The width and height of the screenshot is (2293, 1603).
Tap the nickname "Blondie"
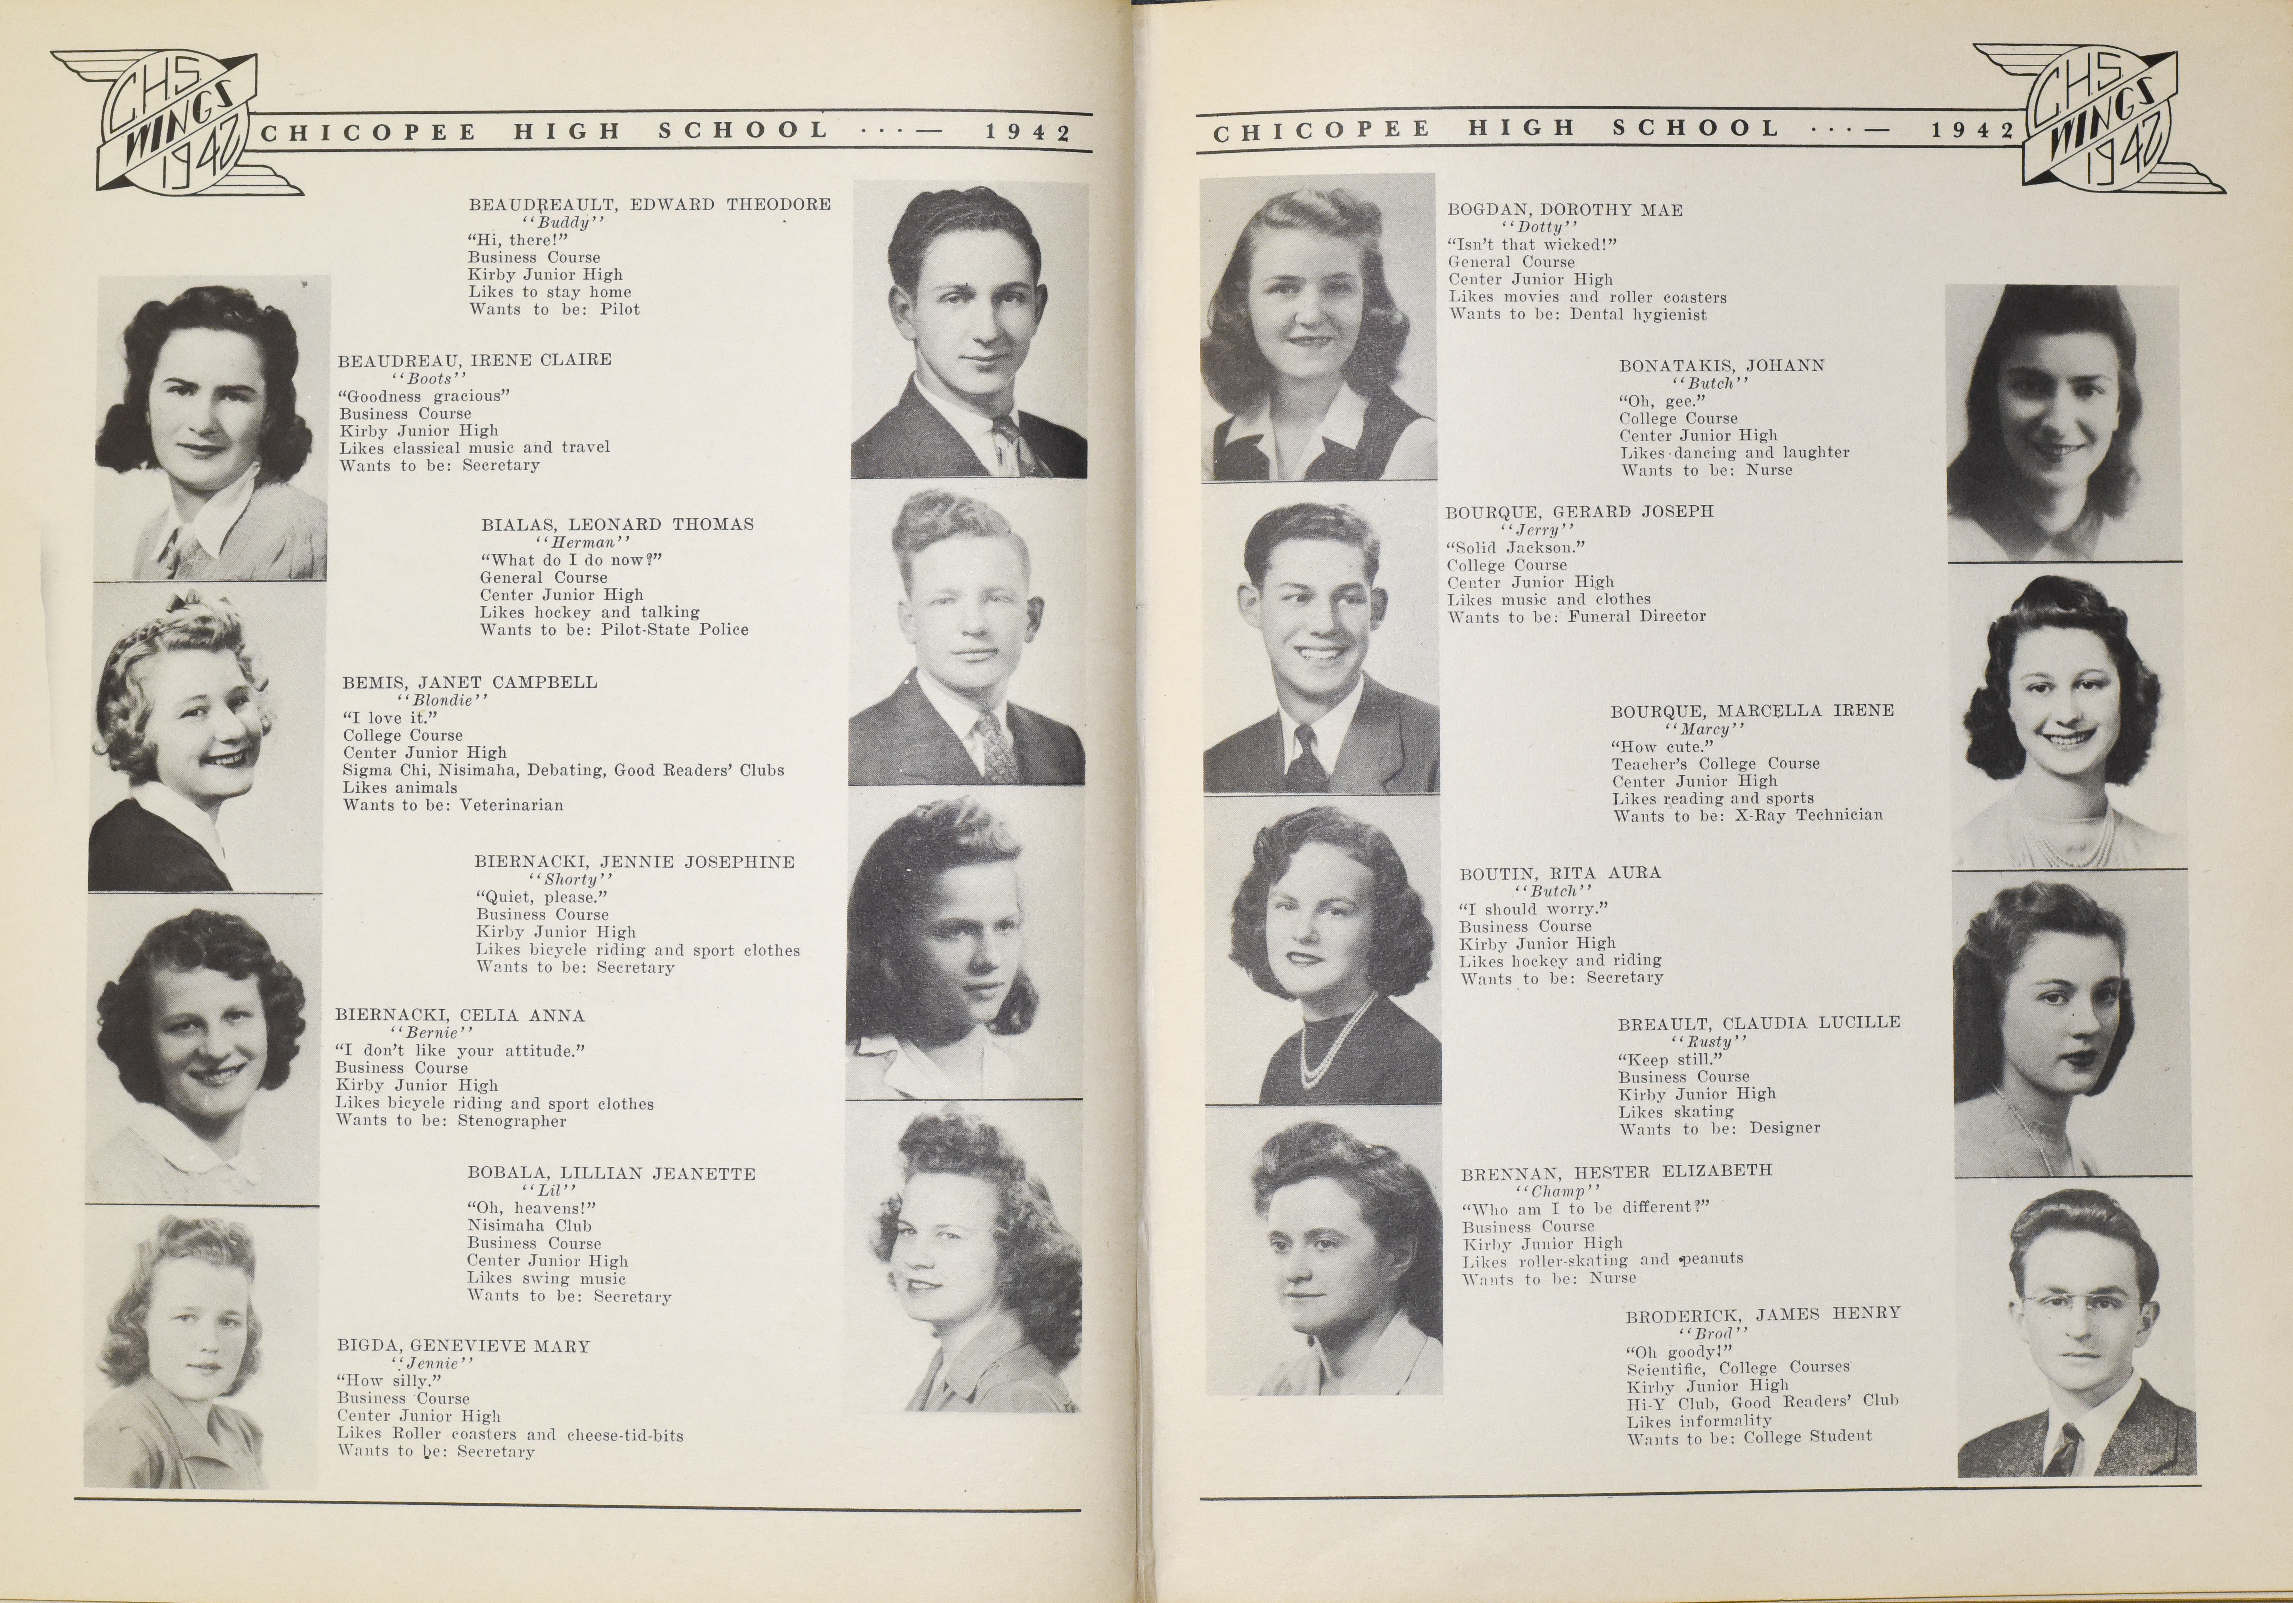click(x=442, y=700)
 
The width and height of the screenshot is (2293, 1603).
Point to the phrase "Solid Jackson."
click(x=1516, y=547)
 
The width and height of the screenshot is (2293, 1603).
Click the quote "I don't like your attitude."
click(x=459, y=1051)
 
